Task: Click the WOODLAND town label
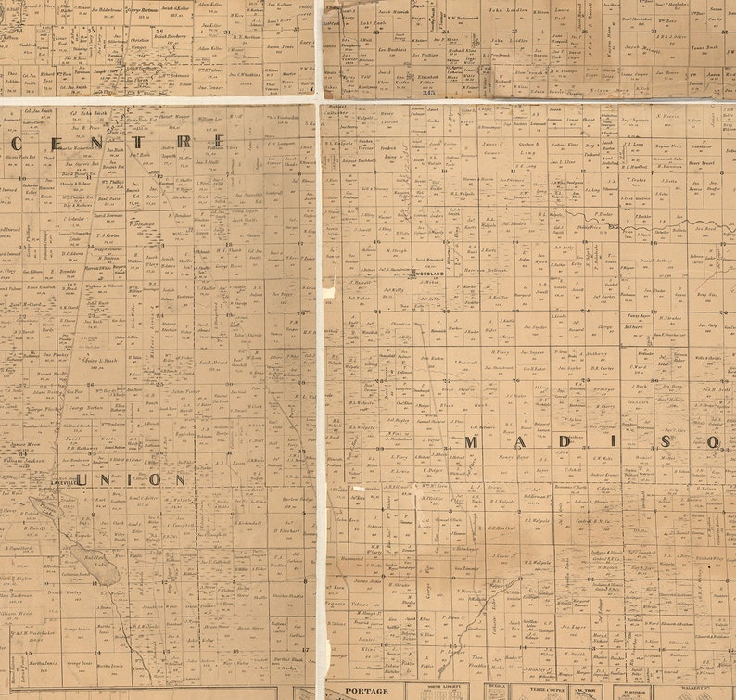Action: click(x=429, y=274)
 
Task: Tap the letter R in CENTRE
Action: click(x=184, y=142)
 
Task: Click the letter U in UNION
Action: click(x=82, y=479)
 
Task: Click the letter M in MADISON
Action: click(x=472, y=442)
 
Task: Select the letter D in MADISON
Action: click(x=565, y=442)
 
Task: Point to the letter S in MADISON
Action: click(x=665, y=442)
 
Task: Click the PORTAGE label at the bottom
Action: click(x=366, y=691)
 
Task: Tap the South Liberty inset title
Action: click(x=442, y=689)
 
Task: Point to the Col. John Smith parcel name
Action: click(x=64, y=111)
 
